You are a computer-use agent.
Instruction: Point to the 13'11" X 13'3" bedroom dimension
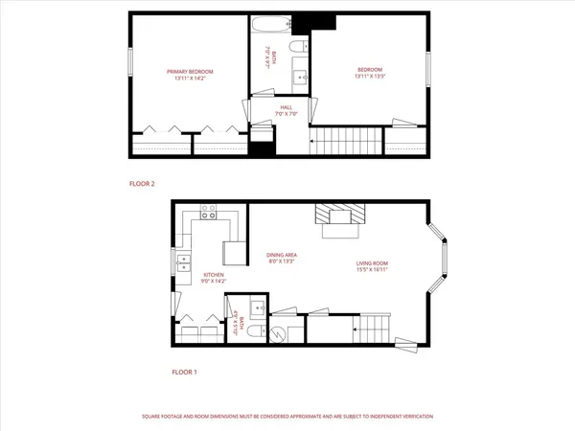coord(371,79)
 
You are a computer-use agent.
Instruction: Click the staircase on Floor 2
coord(344,141)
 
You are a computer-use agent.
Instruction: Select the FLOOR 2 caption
coord(142,182)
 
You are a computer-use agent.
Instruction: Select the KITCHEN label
coord(213,275)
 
